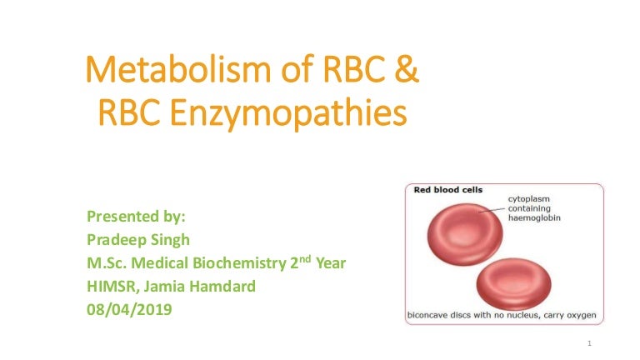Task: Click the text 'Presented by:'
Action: [x=137, y=217]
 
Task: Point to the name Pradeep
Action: [x=116, y=240]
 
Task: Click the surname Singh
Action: [x=169, y=240]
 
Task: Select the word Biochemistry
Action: [x=238, y=263]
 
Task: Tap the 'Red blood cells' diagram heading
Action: [x=449, y=190]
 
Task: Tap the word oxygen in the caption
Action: [x=580, y=316]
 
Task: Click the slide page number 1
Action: [x=589, y=343]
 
